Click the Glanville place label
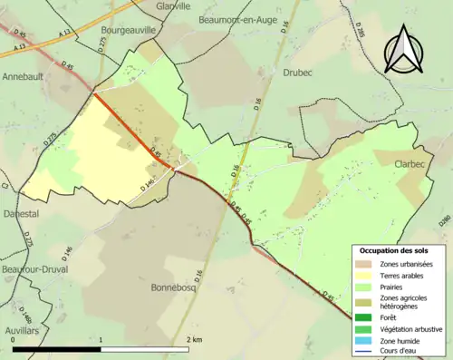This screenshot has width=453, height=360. coord(173,5)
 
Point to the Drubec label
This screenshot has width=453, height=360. coord(297,71)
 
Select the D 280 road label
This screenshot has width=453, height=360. coord(443,219)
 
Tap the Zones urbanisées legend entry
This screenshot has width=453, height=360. coord(407,263)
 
